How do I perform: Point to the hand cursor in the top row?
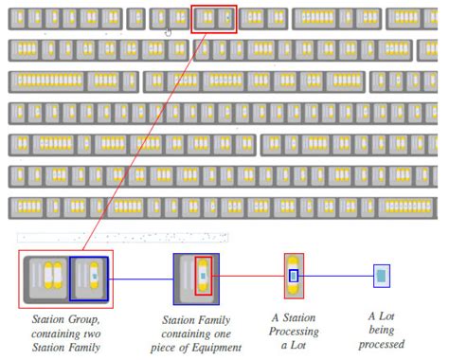pyautogui.click(x=168, y=32)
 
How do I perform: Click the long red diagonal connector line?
pyautogui.click(x=144, y=141)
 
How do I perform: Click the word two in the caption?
pyautogui.click(x=92, y=333)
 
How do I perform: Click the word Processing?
pyautogui.click(x=294, y=332)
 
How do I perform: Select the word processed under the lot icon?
pyautogui.click(x=382, y=344)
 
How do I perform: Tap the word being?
pyautogui.click(x=381, y=330)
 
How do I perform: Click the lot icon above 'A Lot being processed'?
pyautogui.click(x=382, y=276)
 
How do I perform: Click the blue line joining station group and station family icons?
pyautogui.click(x=141, y=279)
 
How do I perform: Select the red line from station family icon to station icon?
pyautogui.click(x=248, y=276)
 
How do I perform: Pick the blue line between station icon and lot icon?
pyautogui.click(x=335, y=276)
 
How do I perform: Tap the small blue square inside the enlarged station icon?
pyautogui.click(x=294, y=276)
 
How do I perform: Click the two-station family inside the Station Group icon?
pyautogui.click(x=48, y=278)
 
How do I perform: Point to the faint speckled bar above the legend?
pyautogui.click(x=122, y=238)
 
